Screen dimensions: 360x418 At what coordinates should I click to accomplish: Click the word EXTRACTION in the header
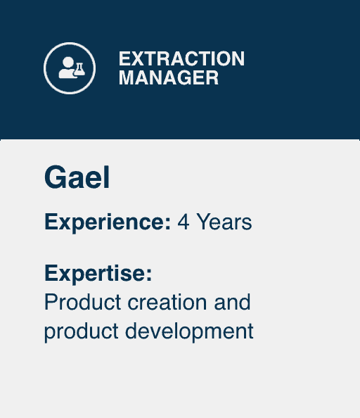(x=181, y=58)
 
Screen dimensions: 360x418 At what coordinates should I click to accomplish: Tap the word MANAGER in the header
(x=169, y=78)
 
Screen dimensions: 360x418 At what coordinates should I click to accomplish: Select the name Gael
(x=77, y=177)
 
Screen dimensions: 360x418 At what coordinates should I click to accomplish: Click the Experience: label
(x=108, y=222)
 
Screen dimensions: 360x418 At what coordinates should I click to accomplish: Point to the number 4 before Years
(x=184, y=222)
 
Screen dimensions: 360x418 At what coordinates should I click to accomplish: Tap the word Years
(x=224, y=222)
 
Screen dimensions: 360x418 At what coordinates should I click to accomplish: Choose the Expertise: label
(x=98, y=274)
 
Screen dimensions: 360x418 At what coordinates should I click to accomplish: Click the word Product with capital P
(x=82, y=302)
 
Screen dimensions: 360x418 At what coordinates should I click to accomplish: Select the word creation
(x=167, y=302)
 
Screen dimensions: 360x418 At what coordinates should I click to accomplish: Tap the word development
(x=189, y=332)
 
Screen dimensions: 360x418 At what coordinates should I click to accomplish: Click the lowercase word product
(x=82, y=332)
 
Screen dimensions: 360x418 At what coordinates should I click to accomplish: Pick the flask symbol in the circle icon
(x=79, y=69)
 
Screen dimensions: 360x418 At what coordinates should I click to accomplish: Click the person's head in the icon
(x=68, y=63)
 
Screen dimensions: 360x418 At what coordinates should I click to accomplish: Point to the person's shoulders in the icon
(x=67, y=73)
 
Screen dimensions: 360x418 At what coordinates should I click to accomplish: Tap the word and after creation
(x=232, y=302)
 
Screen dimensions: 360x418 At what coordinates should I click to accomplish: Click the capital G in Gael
(x=54, y=177)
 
